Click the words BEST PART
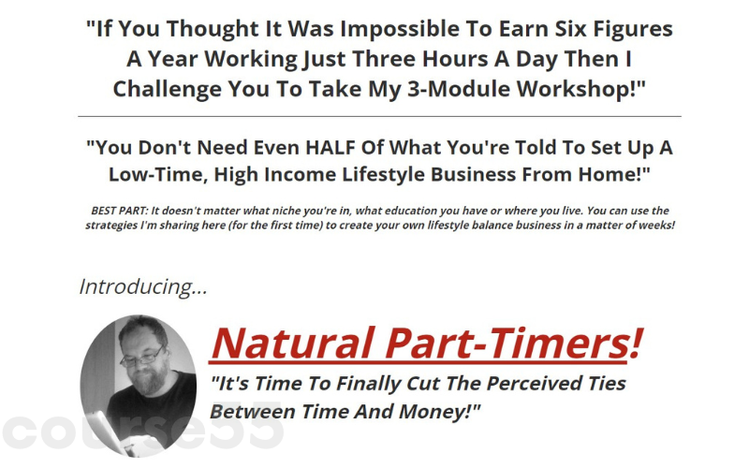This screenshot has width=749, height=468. [123, 211]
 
